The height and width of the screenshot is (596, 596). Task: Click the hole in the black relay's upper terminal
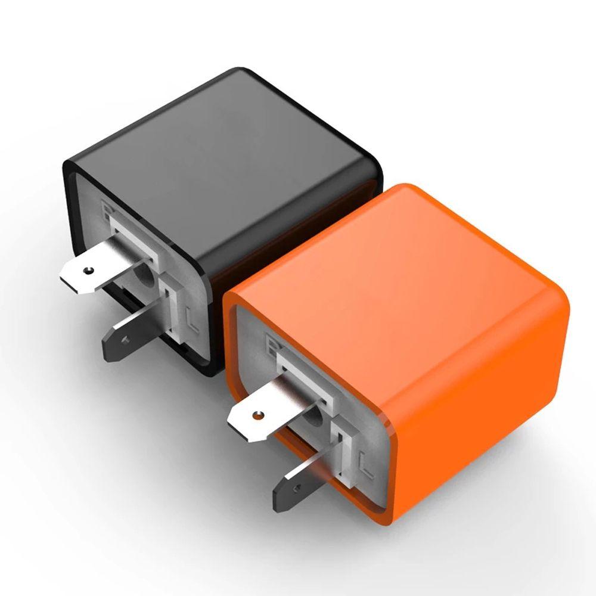coord(89,271)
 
